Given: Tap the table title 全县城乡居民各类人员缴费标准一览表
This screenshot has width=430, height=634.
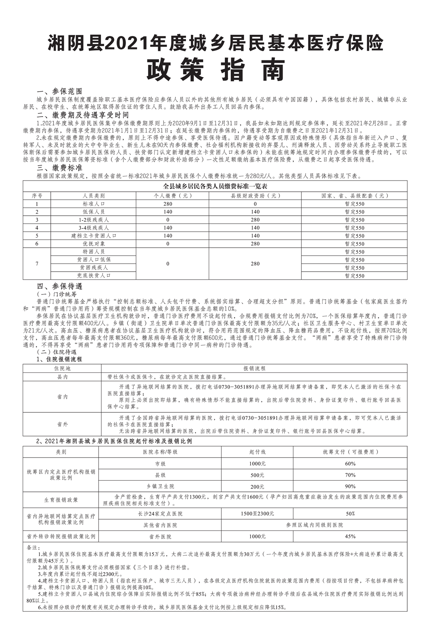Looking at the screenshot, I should click(215, 187).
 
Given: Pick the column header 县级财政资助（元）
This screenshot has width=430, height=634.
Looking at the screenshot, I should click(255, 196).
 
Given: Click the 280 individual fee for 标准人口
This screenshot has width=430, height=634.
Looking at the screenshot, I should click(168, 204).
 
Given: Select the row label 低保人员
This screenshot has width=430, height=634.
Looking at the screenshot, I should click(93, 212).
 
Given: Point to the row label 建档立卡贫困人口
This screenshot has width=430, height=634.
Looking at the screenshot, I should click(93, 236).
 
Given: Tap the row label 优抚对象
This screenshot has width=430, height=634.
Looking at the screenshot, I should click(93, 244).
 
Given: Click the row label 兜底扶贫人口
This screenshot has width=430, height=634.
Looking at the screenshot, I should click(93, 276).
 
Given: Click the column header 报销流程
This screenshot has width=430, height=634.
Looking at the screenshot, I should click(254, 368).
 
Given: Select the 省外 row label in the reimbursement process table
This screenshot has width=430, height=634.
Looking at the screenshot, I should click(62, 424).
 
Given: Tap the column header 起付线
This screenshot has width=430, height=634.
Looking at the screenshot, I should click(257, 452).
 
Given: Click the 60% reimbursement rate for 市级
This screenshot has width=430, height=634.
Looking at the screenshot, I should click(350, 464).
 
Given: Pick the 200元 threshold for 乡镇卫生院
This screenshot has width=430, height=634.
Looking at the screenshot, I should click(257, 487).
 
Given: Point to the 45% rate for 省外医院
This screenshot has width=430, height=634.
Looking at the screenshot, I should click(350, 536).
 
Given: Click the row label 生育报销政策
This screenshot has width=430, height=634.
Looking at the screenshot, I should click(61, 500).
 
